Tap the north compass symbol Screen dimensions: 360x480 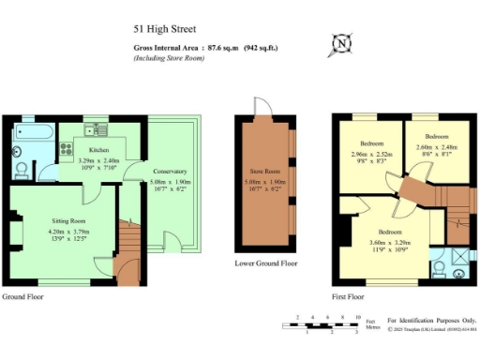[x=342, y=43]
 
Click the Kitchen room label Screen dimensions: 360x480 [x=100, y=150]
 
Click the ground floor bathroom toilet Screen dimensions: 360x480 [x=22, y=169]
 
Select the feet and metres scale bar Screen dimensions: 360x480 [x=320, y=325]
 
